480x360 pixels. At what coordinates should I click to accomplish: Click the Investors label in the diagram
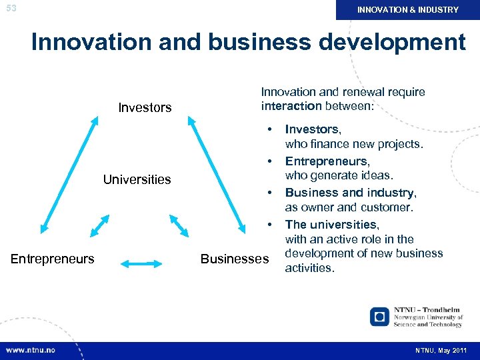tap(145, 107)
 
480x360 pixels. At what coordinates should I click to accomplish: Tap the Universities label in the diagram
tap(137, 179)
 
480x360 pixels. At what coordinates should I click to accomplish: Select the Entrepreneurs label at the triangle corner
tap(53, 259)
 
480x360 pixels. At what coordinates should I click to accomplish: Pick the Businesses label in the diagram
tap(234, 259)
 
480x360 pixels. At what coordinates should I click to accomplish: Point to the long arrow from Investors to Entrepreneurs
tap(69, 174)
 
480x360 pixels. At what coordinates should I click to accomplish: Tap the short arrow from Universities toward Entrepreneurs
tap(98, 225)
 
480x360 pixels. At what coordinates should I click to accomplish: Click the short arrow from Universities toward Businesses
tap(179, 225)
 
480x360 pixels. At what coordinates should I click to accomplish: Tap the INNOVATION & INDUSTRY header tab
tap(408, 10)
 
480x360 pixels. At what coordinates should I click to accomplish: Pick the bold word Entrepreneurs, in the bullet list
tap(327, 161)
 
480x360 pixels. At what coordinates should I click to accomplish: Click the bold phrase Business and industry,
tap(351, 193)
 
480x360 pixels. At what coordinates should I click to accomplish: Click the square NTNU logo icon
tap(379, 316)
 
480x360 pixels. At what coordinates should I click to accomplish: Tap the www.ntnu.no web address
tap(31, 351)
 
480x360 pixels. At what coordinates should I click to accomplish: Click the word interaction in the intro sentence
tap(291, 106)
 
